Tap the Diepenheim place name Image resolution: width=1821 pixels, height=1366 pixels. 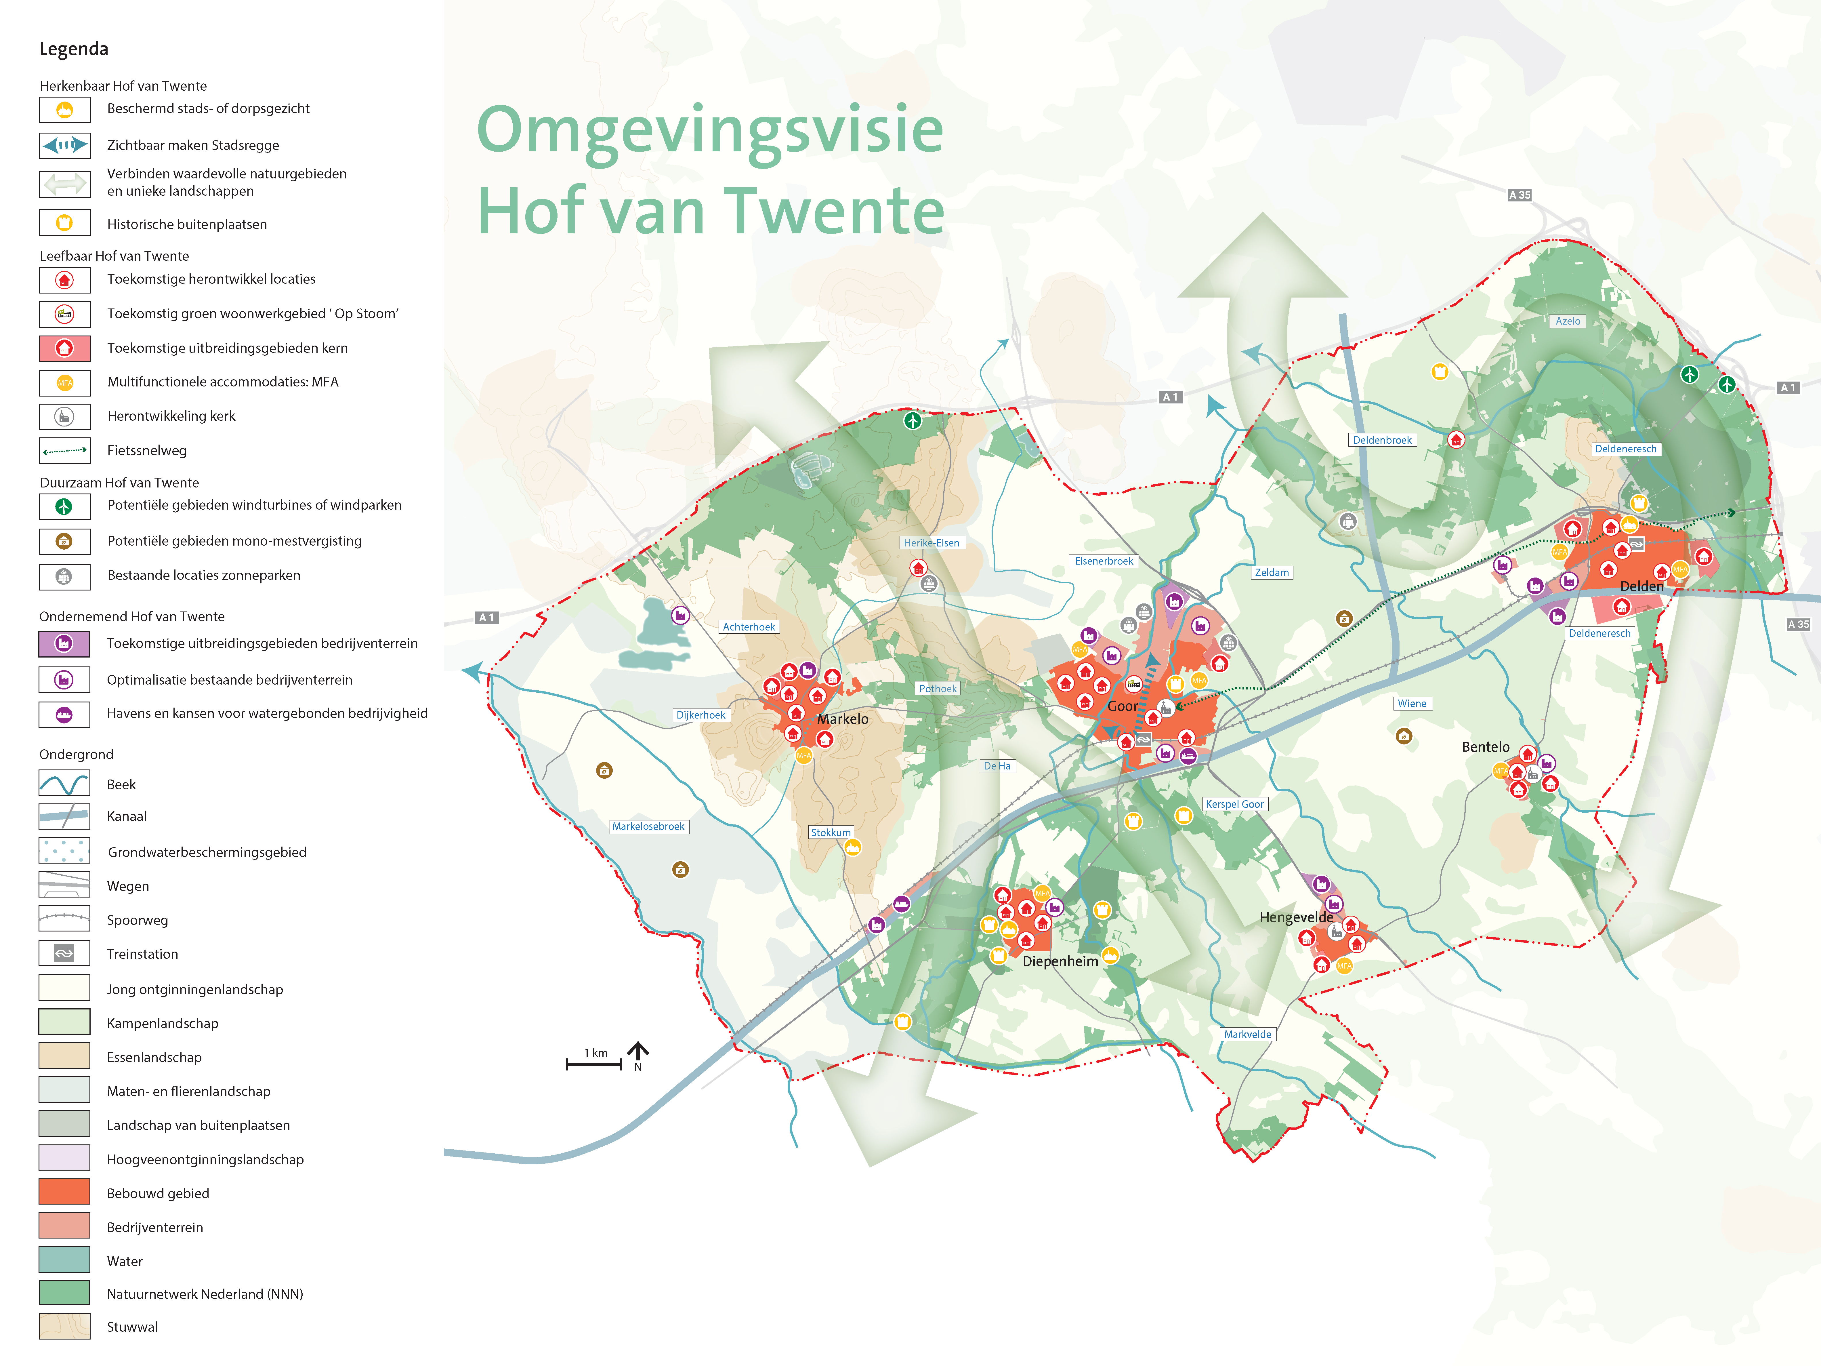tap(1060, 961)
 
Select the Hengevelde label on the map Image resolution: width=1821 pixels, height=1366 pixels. tap(1296, 917)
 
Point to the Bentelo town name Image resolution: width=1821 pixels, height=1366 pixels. tap(1485, 747)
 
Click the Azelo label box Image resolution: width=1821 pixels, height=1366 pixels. tap(1568, 321)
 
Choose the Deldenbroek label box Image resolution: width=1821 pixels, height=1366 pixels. tap(1382, 440)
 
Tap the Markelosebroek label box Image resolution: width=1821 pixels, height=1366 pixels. tap(648, 826)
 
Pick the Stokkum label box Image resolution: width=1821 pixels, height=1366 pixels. tap(831, 832)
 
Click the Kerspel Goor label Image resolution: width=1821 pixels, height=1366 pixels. tap(1234, 804)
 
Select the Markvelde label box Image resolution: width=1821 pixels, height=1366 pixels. tap(1247, 1034)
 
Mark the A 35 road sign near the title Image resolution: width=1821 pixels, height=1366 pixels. tap(1519, 195)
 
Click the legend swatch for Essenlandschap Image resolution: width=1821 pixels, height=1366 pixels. tap(64, 1056)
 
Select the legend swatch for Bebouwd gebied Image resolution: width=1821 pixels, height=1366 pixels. tap(64, 1192)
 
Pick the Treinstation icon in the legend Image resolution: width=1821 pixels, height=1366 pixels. tap(64, 953)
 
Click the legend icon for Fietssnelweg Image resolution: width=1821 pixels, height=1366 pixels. tap(64, 450)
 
